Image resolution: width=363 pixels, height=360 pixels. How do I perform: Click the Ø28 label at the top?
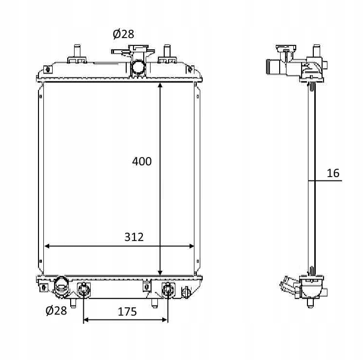point(123,34)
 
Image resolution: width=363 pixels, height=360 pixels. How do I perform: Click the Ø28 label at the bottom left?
point(56,310)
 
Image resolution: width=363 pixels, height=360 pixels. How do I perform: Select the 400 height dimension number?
point(142,161)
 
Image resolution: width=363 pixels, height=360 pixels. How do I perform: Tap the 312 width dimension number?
point(134,237)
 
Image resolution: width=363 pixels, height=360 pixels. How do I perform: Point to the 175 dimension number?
point(127,312)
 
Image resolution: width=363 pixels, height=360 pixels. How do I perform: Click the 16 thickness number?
point(333,173)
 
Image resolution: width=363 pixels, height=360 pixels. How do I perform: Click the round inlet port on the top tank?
point(138,67)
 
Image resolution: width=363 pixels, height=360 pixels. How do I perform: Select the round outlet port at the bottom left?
point(61,287)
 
